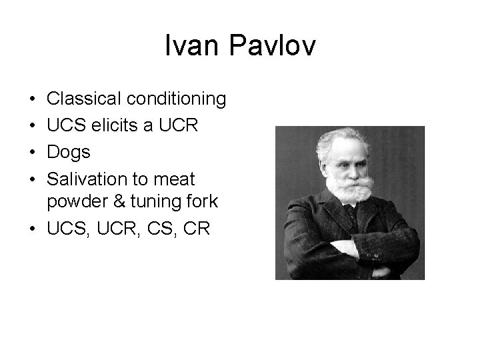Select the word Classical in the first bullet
pyautogui.click(x=81, y=99)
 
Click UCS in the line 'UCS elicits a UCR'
pyautogui.click(x=63, y=126)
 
